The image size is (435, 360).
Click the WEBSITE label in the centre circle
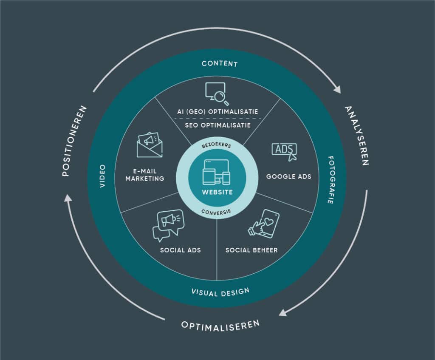(x=217, y=192)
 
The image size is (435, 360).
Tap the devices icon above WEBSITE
(x=217, y=172)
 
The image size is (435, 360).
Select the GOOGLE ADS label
(x=288, y=176)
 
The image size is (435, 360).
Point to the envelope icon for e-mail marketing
(x=150, y=145)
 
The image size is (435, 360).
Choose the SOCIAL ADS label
(x=180, y=250)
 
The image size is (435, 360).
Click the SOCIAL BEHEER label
(x=251, y=250)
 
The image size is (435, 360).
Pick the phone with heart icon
(x=263, y=224)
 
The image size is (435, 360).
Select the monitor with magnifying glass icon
(x=217, y=94)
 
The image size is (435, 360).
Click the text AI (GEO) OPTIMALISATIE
(x=217, y=112)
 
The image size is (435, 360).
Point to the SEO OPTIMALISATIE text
(x=218, y=125)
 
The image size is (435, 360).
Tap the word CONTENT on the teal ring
(x=220, y=64)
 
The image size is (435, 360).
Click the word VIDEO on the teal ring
(x=103, y=176)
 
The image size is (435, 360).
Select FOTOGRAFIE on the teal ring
(x=330, y=180)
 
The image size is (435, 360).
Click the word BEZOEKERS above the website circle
(x=217, y=145)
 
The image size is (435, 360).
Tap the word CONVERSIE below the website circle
(x=216, y=212)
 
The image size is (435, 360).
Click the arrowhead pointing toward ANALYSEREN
(x=337, y=90)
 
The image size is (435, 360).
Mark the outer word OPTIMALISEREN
(x=220, y=326)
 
